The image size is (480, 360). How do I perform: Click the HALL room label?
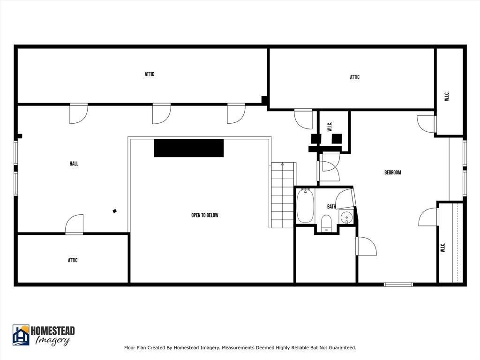(x=74, y=164)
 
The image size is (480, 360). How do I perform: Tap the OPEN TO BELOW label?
(x=205, y=215)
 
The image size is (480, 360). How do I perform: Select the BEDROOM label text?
(x=392, y=172)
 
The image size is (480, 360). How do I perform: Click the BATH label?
(x=331, y=207)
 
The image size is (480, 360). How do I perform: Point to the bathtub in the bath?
(x=305, y=206)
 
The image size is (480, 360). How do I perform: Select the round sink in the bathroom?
(x=346, y=217)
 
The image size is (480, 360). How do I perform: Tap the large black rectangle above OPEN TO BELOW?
(x=188, y=148)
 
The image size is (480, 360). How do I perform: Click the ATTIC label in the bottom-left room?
(x=73, y=260)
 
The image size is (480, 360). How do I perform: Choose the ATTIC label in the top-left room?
(x=150, y=74)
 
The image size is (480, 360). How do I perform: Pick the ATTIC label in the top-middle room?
(x=355, y=77)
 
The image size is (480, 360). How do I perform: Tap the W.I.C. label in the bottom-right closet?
(x=442, y=247)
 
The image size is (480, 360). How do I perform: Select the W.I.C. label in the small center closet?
(x=330, y=127)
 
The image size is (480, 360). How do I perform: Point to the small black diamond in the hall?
(x=114, y=211)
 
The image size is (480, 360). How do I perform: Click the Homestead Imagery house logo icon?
(x=21, y=335)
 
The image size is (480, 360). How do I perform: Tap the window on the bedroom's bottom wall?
(x=398, y=284)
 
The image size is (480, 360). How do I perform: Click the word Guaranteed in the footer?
(x=342, y=348)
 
